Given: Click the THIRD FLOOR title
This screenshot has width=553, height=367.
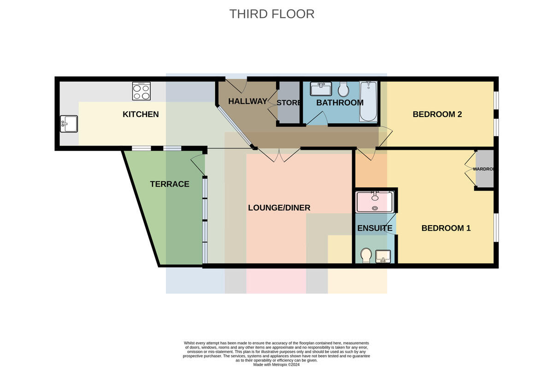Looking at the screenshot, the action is pyautogui.click(x=272, y=14).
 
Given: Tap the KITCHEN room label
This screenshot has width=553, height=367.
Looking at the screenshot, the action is pyautogui.click(x=141, y=114).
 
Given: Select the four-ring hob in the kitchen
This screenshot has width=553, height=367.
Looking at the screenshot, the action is pyautogui.click(x=141, y=91).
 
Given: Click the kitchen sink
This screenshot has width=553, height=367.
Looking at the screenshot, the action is pyautogui.click(x=69, y=124).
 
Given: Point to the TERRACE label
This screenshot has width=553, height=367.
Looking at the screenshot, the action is pyautogui.click(x=170, y=184).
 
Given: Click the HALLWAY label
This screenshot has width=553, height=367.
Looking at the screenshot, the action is pyautogui.click(x=247, y=101).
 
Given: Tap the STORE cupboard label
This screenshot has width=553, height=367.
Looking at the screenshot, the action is pyautogui.click(x=288, y=103).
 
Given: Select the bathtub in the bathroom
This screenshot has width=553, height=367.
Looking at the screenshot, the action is pyautogui.click(x=368, y=101).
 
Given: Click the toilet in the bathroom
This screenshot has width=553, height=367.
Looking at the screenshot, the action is pyautogui.click(x=343, y=89).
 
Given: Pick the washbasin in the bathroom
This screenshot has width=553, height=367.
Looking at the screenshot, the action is pyautogui.click(x=321, y=89).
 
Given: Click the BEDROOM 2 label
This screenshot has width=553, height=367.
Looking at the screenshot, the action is pyautogui.click(x=437, y=114).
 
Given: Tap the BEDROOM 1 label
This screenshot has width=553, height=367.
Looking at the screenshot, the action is pyautogui.click(x=446, y=228).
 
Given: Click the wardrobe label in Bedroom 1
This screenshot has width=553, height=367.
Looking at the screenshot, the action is pyautogui.click(x=483, y=169).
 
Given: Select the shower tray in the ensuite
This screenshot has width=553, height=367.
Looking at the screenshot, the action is pyautogui.click(x=375, y=202).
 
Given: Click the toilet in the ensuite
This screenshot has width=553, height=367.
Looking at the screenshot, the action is pyautogui.click(x=366, y=255).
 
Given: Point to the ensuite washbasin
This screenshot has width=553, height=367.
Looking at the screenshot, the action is pyautogui.click(x=383, y=256).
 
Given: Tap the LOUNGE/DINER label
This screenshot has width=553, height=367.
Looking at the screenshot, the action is pyautogui.click(x=279, y=208).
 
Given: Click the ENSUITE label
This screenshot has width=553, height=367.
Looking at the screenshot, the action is pyautogui.click(x=375, y=228).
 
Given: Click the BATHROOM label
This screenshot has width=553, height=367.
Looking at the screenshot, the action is pyautogui.click(x=340, y=103).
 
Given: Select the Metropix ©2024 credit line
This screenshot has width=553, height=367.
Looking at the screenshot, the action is pyautogui.click(x=276, y=365).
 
